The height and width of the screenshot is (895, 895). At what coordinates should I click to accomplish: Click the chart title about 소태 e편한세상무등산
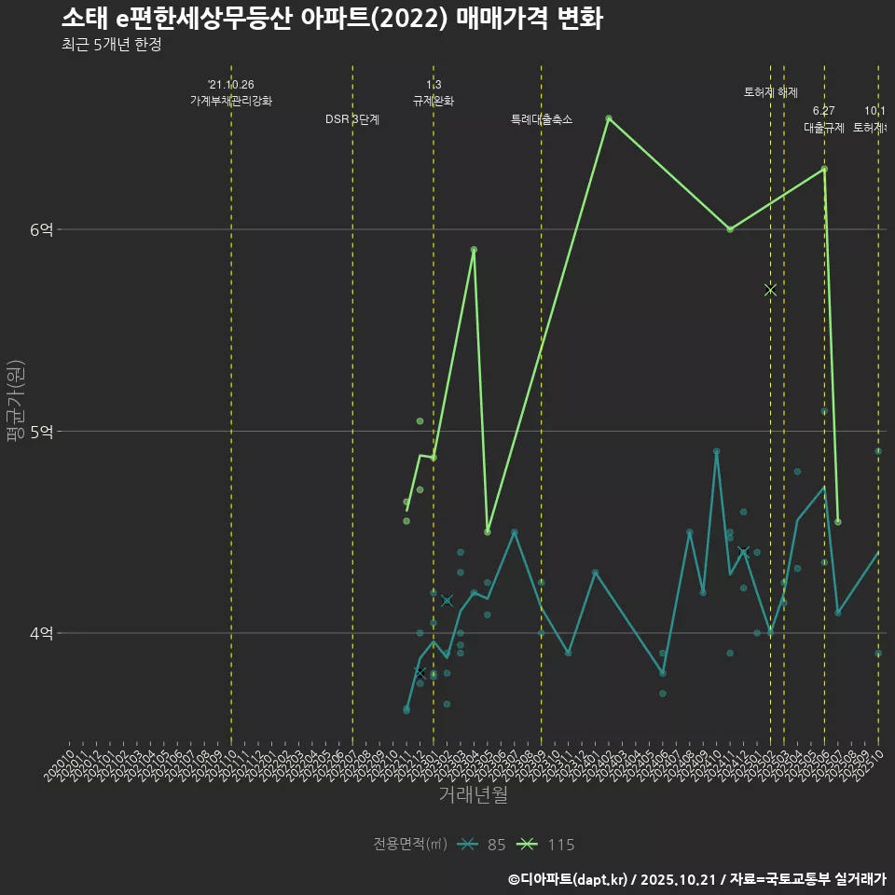click(x=332, y=19)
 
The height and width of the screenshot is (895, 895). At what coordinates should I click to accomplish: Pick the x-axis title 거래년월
click(x=473, y=795)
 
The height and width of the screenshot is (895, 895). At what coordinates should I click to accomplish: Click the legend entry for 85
click(x=484, y=845)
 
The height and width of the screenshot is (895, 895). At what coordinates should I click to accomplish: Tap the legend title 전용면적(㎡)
click(x=410, y=845)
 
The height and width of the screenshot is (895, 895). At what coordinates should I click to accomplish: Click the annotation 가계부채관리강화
click(x=231, y=101)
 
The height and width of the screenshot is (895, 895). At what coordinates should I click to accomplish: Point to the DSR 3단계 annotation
click(x=352, y=119)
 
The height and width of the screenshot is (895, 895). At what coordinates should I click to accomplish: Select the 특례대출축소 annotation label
click(x=542, y=119)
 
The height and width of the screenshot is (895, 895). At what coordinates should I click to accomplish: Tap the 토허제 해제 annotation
click(x=771, y=92)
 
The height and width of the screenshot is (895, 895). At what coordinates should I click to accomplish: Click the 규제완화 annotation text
click(x=434, y=101)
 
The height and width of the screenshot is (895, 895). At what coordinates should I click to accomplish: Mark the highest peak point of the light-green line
click(x=609, y=118)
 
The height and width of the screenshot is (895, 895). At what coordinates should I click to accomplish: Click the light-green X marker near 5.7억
click(x=770, y=290)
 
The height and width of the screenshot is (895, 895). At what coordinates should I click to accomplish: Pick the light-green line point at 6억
click(x=730, y=229)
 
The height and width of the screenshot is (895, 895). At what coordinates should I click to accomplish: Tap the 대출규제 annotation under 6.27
click(x=824, y=128)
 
